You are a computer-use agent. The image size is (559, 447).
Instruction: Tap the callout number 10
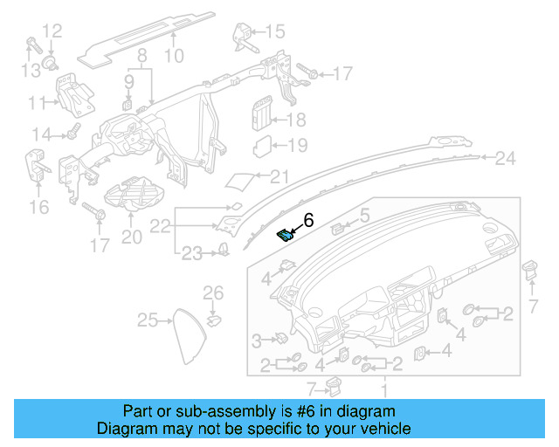click(x=173, y=56)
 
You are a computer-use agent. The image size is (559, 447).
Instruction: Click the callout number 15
click(x=274, y=32)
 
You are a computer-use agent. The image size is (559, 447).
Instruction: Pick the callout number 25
click(x=147, y=320)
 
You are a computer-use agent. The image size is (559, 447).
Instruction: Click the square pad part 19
click(x=262, y=145)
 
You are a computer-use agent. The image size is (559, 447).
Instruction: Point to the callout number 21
click(x=278, y=177)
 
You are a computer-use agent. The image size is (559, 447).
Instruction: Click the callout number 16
click(x=38, y=207)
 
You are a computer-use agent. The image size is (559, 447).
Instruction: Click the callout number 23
click(x=191, y=253)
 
